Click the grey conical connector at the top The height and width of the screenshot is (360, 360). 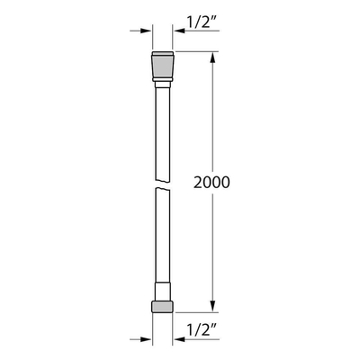pyautogui.click(x=161, y=67)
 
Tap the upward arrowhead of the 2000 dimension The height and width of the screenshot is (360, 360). pyautogui.click(x=213, y=58)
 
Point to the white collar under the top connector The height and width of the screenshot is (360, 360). pyautogui.click(x=161, y=85)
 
